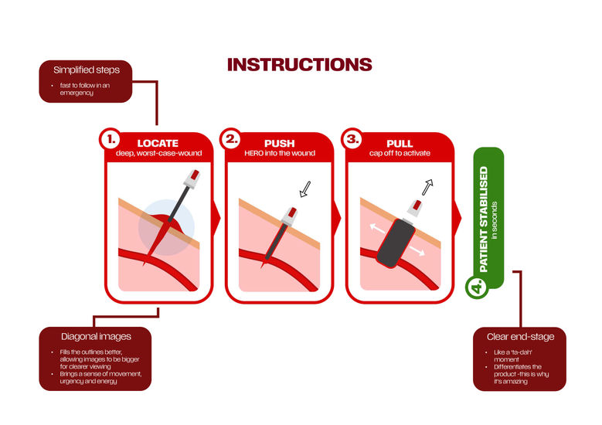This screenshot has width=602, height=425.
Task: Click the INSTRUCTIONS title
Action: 300,64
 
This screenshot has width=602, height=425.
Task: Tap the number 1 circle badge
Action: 111,139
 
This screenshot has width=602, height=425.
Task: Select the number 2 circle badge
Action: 231,139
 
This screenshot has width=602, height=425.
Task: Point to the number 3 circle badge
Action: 352,139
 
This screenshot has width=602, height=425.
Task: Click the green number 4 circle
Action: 477,287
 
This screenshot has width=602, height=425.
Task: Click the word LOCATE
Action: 158,144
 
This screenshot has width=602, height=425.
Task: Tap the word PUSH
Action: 280,144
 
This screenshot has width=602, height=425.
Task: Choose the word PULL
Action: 400,144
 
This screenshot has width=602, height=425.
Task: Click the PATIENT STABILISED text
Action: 484,219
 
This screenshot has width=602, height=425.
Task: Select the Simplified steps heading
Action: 87,70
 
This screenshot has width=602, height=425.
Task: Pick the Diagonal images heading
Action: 96,337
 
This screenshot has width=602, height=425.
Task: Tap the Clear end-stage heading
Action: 520,337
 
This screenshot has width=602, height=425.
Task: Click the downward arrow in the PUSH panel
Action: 305,189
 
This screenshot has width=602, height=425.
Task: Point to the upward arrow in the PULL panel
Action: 427,187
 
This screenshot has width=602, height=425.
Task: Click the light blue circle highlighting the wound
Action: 166,227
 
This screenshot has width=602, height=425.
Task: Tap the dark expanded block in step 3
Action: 396,243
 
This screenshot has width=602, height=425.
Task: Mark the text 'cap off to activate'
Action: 400,153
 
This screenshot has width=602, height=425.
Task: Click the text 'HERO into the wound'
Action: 280,153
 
